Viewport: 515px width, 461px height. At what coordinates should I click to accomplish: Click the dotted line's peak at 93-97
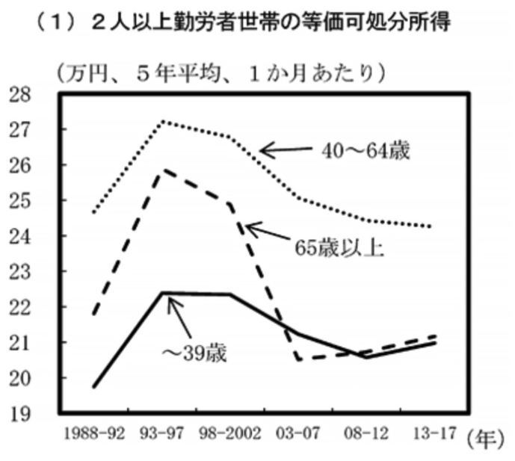tap(164, 121)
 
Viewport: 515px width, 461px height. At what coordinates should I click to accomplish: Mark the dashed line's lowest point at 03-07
tap(299, 359)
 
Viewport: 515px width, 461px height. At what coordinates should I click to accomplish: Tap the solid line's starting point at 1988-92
tap(94, 386)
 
